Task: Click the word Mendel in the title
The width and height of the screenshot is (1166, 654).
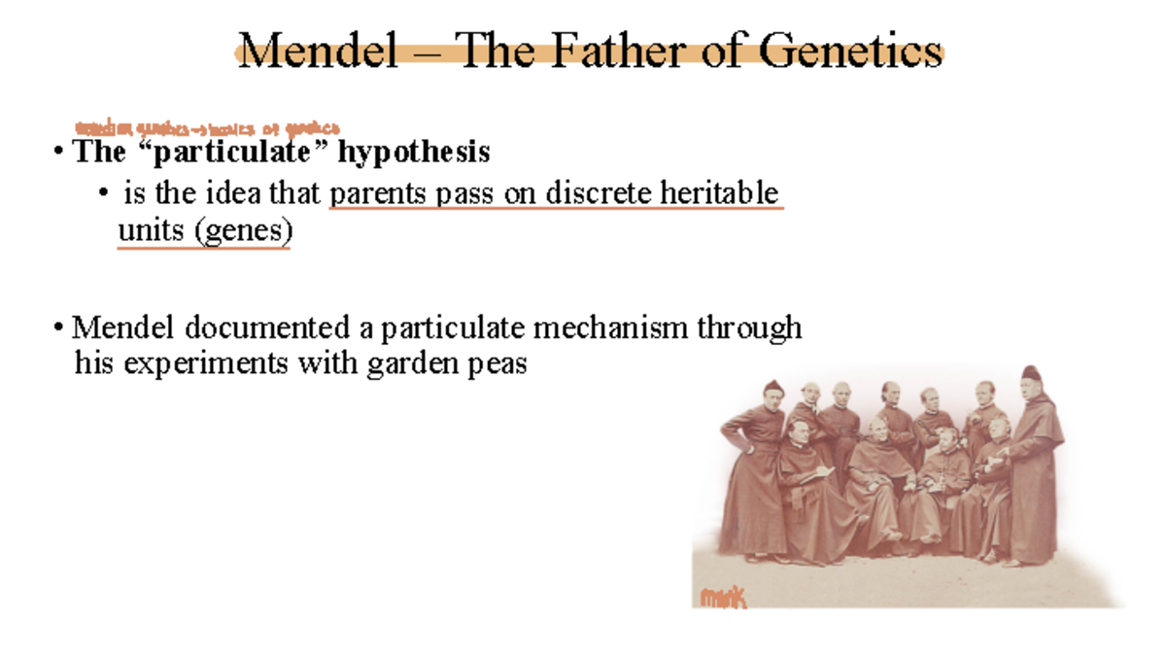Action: pos(317,51)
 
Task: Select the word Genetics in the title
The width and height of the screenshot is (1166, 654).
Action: pos(850,51)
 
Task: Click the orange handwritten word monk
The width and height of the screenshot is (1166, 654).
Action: pos(723,598)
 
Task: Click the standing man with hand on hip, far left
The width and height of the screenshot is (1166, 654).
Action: pos(756,466)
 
